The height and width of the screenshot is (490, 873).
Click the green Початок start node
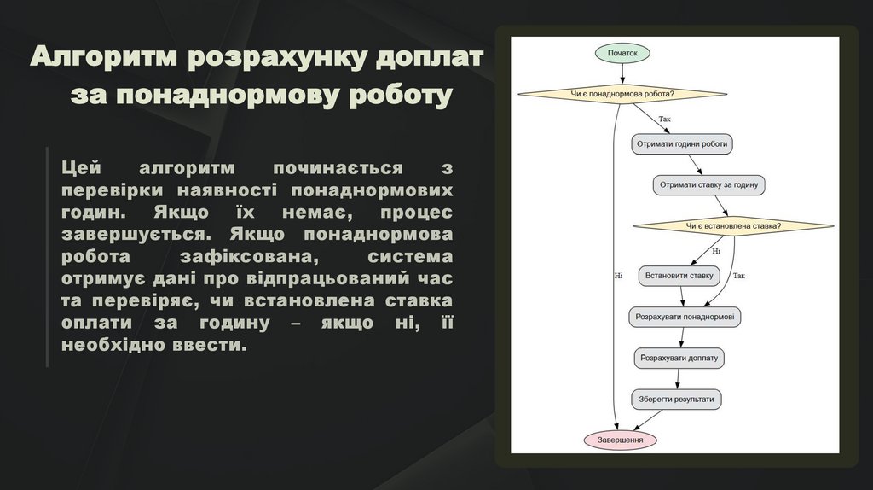pos(622,53)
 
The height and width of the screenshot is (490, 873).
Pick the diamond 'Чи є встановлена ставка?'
pos(733,226)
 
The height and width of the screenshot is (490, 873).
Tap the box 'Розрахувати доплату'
pos(679,358)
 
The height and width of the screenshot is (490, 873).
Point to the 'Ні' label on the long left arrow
pos(618,276)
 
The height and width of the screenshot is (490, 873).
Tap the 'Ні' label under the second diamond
pos(715,251)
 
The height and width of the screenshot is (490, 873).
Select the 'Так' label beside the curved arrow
pos(738,276)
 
